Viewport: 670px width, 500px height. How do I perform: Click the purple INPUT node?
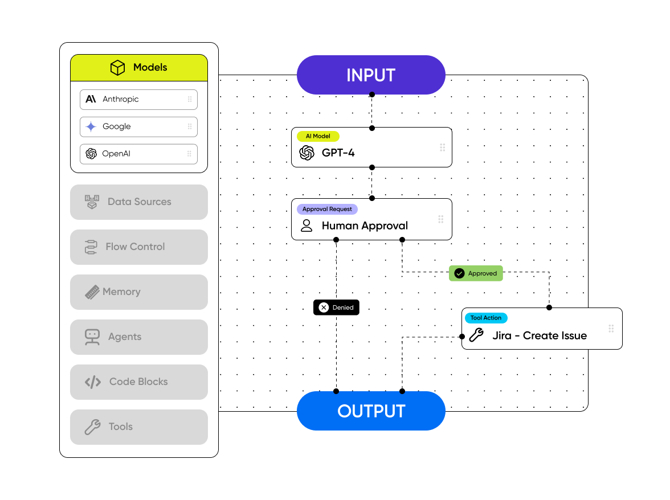click(371, 75)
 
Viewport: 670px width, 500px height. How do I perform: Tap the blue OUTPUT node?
click(371, 411)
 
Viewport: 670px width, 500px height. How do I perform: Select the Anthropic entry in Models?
click(138, 99)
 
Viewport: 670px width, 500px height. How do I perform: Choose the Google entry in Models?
click(138, 126)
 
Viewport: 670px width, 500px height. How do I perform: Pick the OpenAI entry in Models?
click(138, 154)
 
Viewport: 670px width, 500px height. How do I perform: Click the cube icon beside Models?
click(117, 68)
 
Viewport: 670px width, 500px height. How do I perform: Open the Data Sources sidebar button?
click(138, 202)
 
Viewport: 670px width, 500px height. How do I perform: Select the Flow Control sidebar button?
click(138, 247)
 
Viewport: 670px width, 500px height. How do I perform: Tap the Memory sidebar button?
click(138, 292)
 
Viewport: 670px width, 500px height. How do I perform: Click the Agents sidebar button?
click(138, 337)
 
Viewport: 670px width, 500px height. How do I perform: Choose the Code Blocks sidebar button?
click(138, 382)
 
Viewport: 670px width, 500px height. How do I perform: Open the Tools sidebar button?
click(138, 427)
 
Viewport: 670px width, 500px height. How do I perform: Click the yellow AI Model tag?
click(318, 136)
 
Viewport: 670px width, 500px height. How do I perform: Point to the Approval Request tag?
click(327, 209)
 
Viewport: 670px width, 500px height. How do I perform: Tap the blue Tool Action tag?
click(486, 318)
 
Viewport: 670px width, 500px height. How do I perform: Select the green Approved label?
click(476, 273)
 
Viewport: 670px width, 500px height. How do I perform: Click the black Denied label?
click(336, 308)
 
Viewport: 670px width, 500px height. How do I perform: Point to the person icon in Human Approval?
click(307, 226)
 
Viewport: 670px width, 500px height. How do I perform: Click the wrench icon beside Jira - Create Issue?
click(476, 335)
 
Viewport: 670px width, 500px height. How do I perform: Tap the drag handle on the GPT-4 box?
click(442, 147)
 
